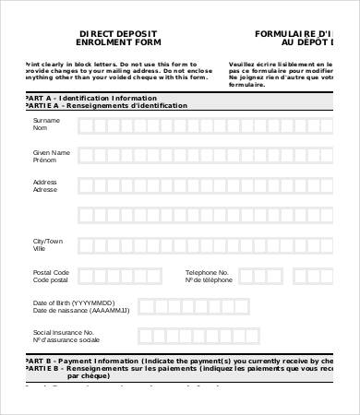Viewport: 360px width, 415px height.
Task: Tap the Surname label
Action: click(x=46, y=121)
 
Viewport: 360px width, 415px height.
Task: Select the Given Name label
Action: click(x=51, y=151)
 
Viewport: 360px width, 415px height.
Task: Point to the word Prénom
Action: click(x=46, y=160)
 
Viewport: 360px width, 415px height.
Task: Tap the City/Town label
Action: click(x=49, y=241)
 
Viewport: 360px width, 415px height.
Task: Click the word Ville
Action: click(x=40, y=249)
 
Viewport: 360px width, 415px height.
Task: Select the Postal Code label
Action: click(x=52, y=272)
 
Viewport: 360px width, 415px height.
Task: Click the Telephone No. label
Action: click(x=207, y=272)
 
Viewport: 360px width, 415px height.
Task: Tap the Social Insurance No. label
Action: click(x=64, y=331)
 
